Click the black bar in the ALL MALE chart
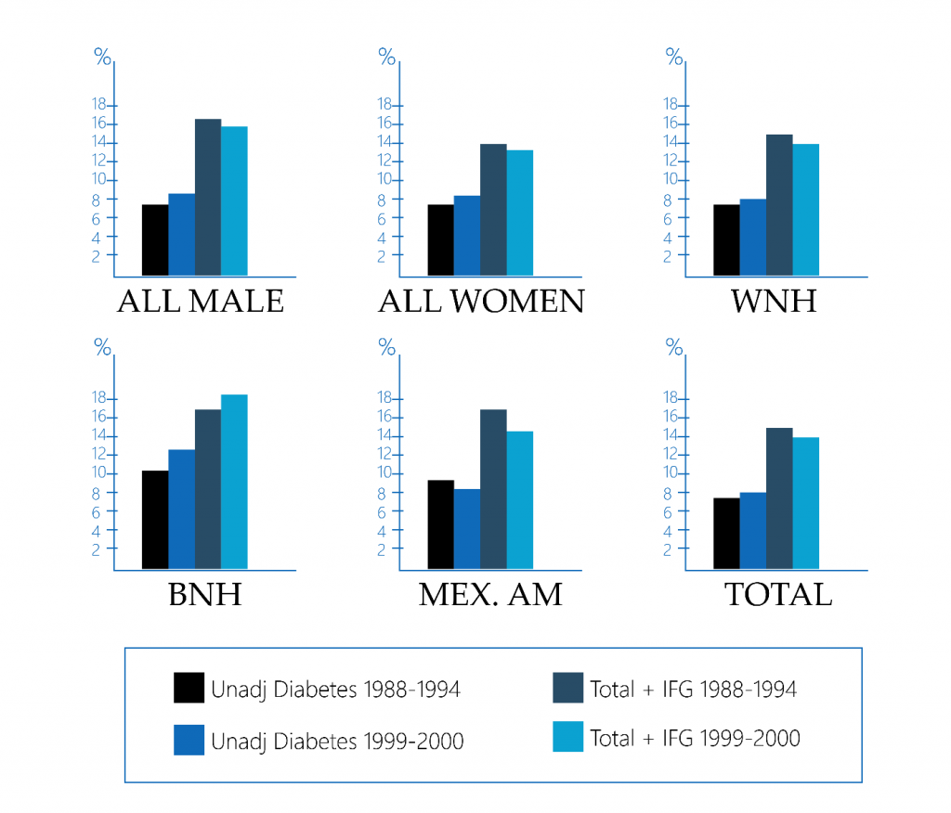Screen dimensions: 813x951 pyautogui.click(x=155, y=239)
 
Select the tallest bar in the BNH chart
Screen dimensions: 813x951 pyautogui.click(x=234, y=481)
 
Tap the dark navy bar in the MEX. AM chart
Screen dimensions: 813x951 pyautogui.click(x=493, y=488)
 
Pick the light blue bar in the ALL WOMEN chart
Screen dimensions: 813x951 pyautogui.click(x=519, y=213)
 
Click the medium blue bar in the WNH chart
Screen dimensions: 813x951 pyautogui.click(x=753, y=237)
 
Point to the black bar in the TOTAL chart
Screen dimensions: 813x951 pyautogui.click(x=726, y=533)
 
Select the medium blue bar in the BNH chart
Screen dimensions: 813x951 pyautogui.click(x=181, y=509)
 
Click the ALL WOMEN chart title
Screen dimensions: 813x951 pyautogui.click(x=481, y=302)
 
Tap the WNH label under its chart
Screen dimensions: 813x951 pyautogui.click(x=774, y=302)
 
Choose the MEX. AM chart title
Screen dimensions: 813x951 pyautogui.click(x=490, y=594)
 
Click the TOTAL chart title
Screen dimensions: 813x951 pyautogui.click(x=777, y=594)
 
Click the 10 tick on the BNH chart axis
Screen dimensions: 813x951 pyautogui.click(x=102, y=473)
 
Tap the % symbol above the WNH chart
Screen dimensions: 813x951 pyautogui.click(x=674, y=57)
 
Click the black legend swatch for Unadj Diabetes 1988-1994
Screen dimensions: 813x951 pyautogui.click(x=189, y=689)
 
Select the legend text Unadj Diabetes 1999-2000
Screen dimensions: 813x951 pyautogui.click(x=337, y=741)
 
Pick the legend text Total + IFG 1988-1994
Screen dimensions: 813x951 pyautogui.click(x=693, y=689)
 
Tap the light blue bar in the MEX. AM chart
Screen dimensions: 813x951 pyautogui.click(x=519, y=499)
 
